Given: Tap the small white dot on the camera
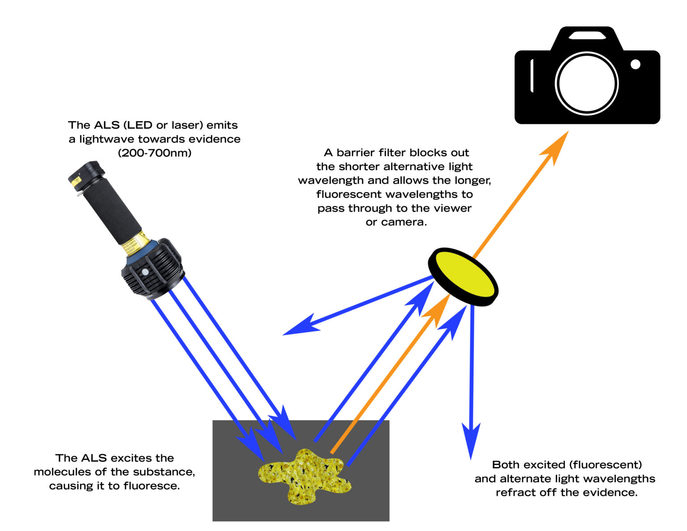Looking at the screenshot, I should coord(635,64).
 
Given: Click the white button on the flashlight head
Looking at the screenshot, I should coord(145,272).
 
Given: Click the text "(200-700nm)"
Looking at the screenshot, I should coord(154,153).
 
